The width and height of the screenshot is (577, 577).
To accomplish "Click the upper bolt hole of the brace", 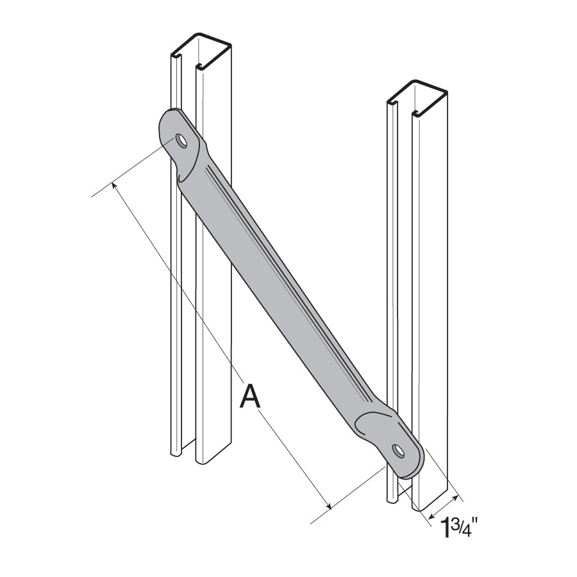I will [182, 141].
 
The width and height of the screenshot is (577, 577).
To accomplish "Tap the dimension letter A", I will [250, 396].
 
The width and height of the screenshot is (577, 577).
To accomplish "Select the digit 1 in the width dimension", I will [443, 531].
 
